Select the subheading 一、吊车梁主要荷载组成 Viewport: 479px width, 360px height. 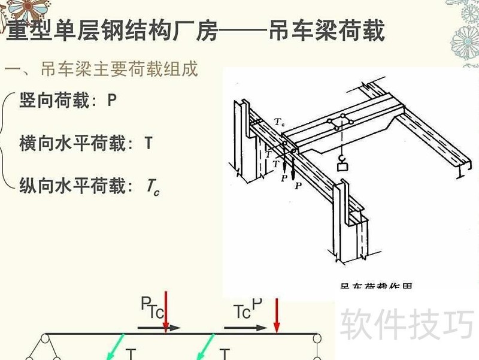(x=101, y=69)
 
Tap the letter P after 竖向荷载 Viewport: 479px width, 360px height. (x=112, y=101)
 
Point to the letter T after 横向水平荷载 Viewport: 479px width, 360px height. (x=148, y=144)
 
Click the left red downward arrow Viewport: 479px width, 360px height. (x=165, y=310)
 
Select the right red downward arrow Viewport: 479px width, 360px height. (x=276, y=314)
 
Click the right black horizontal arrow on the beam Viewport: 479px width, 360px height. (x=245, y=328)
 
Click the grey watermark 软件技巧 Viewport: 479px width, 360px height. (x=408, y=324)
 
